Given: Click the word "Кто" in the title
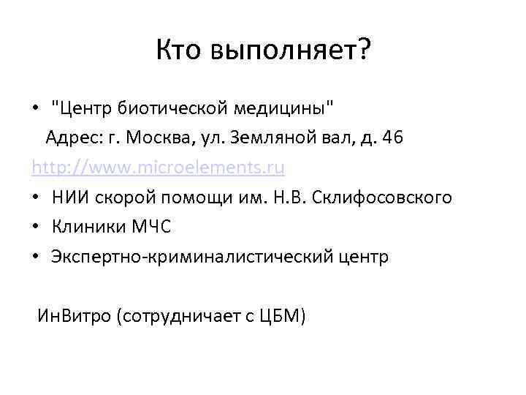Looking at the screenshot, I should pyautogui.click(x=180, y=50).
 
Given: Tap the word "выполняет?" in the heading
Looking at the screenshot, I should pyautogui.click(x=290, y=52).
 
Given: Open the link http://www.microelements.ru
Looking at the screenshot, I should pyautogui.click(x=158, y=168).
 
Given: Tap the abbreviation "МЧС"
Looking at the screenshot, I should pyautogui.click(x=150, y=227).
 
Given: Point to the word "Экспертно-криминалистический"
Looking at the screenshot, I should pyautogui.click(x=191, y=257).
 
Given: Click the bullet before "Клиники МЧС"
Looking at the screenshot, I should pyautogui.click(x=36, y=227).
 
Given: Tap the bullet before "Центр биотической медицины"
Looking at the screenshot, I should pyautogui.click(x=36, y=109).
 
